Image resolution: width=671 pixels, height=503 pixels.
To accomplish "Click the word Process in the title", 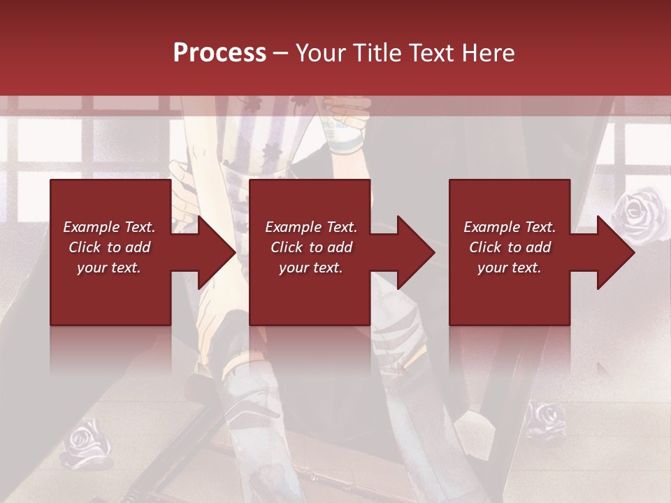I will pos(219,52).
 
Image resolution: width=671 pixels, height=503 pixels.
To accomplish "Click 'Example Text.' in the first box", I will pos(109,227).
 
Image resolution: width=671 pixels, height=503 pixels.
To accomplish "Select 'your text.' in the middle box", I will pos(311,268).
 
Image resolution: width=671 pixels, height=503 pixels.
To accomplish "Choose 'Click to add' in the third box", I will pos(510,247).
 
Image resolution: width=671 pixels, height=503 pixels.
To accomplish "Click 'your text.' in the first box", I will pos(109,268).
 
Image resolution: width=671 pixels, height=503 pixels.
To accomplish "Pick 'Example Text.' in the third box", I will pos(510,227).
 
